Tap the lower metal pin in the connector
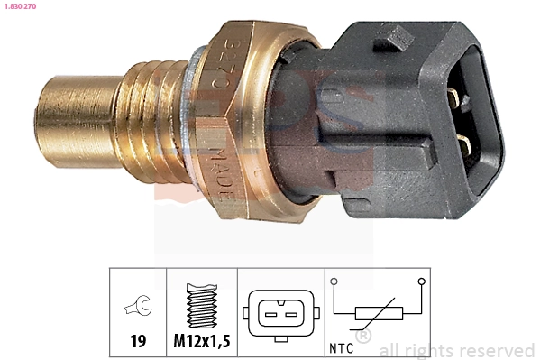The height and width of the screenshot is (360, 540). pyautogui.click(x=462, y=142)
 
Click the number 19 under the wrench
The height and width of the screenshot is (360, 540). pyautogui.click(x=138, y=342)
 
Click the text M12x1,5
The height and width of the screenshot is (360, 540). pyautogui.click(x=201, y=342)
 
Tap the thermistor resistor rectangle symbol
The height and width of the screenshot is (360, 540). pyautogui.click(x=378, y=313)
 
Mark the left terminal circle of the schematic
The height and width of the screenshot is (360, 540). pyautogui.click(x=334, y=282)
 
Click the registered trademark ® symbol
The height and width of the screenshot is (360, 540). pyautogui.click(x=363, y=337)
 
